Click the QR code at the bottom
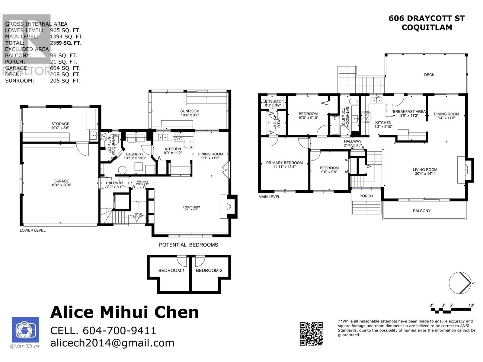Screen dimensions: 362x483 click(x=311, y=334)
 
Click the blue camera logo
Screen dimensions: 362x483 click(x=25, y=330)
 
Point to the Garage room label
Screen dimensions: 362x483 click(x=61, y=183)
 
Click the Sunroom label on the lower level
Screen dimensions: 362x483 click(x=190, y=113)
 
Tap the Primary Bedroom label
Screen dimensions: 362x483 click(x=284, y=164)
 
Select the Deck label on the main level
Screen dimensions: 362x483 click(x=429, y=75)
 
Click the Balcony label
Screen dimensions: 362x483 click(x=421, y=211)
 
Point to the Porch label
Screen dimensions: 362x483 click(x=366, y=196)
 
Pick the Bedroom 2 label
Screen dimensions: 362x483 click(x=209, y=270)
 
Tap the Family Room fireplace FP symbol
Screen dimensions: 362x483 click(x=229, y=207)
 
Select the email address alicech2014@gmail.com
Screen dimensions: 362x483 click(x=112, y=343)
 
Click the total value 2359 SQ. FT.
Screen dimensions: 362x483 click(x=66, y=43)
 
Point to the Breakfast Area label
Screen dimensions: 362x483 click(x=409, y=113)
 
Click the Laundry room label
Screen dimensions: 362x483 click(x=135, y=156)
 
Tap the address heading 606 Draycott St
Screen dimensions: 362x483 click(x=427, y=18)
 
